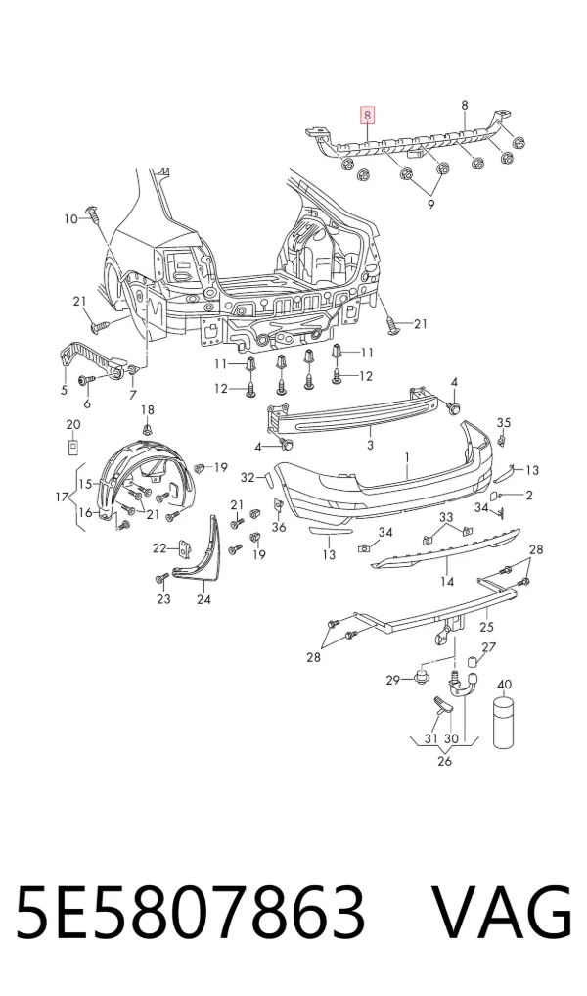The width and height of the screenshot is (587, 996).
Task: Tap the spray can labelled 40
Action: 503,722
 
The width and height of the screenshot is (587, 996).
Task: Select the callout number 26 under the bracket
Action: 444,760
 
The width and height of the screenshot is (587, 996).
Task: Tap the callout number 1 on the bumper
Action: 407,457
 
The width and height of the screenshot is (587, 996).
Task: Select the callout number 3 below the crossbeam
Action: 371,445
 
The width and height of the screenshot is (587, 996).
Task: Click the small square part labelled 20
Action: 73,448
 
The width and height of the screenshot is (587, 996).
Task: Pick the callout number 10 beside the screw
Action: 70,219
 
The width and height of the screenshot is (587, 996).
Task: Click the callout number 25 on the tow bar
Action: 487,628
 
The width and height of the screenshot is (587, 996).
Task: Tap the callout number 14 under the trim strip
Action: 447,581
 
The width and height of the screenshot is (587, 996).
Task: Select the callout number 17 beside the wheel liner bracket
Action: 61,498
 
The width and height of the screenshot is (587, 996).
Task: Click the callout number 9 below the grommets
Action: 430,205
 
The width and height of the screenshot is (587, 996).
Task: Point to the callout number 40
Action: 504,685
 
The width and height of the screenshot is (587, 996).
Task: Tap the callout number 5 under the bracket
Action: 64,390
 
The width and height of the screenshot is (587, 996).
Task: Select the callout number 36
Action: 279,527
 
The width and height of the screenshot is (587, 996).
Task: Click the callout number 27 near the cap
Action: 488,647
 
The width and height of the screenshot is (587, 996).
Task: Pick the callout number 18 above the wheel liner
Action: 147,410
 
